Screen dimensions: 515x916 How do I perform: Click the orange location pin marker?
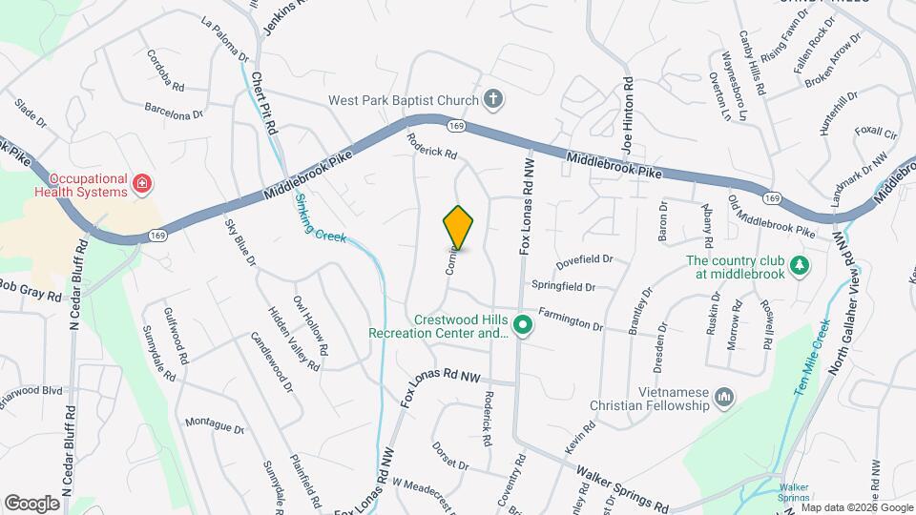[459, 227]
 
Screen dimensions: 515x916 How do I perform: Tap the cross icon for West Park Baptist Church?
[492, 98]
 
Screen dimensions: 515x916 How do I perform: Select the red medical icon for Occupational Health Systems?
[142, 182]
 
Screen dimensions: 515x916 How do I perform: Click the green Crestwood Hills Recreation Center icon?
[522, 326]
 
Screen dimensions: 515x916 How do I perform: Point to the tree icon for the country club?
[801, 264]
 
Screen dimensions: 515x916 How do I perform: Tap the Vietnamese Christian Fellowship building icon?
[724, 396]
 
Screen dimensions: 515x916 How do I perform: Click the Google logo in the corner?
[31, 503]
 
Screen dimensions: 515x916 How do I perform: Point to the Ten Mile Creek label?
[811, 358]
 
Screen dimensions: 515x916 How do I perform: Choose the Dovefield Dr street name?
[584, 257]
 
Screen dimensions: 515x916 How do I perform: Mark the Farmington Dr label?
[571, 318]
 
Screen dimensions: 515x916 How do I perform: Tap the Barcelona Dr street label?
[175, 110]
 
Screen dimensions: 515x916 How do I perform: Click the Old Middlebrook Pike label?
[772, 216]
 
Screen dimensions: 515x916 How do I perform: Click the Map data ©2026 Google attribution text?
[858, 506]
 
